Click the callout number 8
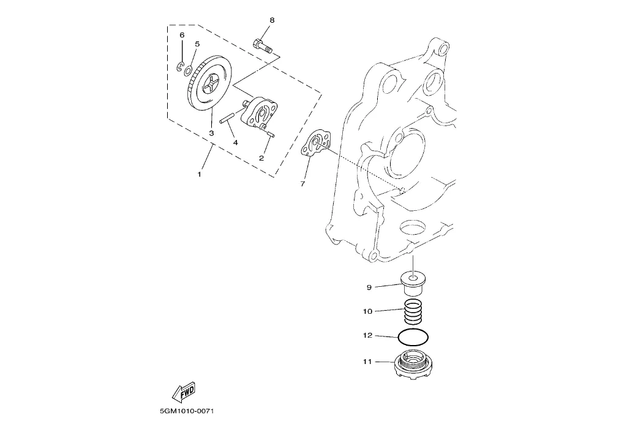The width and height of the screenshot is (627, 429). point(272,20)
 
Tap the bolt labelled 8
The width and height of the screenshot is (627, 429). point(262,45)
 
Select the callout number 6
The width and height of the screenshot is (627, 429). point(182,35)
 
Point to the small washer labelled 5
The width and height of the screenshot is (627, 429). point(187,71)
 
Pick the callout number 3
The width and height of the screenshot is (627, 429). point(211,133)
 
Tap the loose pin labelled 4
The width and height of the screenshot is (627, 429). point(227,118)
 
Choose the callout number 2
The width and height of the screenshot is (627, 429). point(261,158)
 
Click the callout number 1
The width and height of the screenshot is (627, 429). point(199,175)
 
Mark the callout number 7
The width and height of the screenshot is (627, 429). point(302,184)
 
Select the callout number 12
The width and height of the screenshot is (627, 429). point(367,335)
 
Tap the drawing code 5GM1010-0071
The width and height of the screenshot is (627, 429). point(184,411)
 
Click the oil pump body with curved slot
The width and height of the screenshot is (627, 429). point(260,113)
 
